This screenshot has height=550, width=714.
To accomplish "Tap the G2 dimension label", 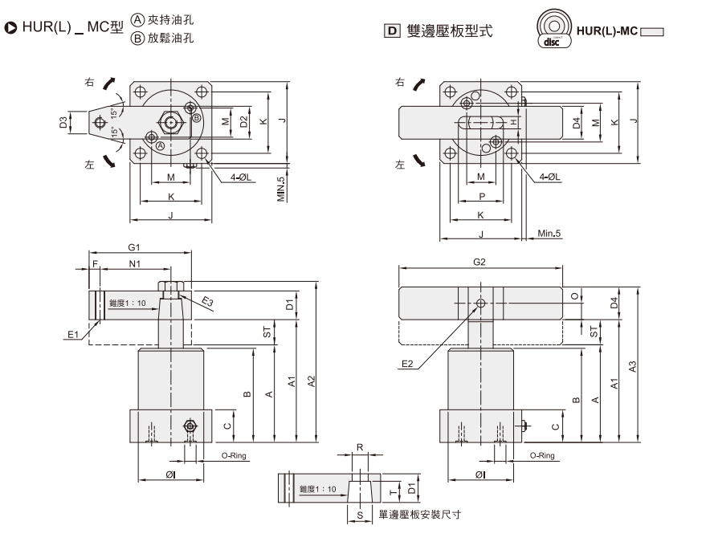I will (x=480, y=262).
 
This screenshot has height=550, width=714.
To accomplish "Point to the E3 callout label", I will (x=207, y=301).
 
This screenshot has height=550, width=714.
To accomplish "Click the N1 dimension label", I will (x=134, y=263).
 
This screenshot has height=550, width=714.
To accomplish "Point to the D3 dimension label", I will (x=63, y=123).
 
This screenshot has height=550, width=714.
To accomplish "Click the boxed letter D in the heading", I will (x=392, y=31).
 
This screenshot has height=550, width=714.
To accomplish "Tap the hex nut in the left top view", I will (x=171, y=123).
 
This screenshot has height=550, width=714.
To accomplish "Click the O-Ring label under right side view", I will (x=542, y=455).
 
